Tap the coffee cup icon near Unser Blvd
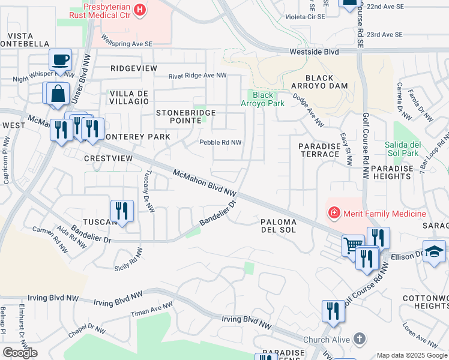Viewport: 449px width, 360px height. pos(60,59)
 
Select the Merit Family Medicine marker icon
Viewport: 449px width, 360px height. pos(333,212)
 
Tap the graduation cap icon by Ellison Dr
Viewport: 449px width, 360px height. pos(434,251)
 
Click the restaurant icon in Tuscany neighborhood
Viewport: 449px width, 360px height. pos(122,211)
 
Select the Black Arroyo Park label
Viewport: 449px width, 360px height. pos(262,99)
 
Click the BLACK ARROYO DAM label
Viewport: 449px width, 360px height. pos(327,82)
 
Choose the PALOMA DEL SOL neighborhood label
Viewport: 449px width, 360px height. pos(279,225)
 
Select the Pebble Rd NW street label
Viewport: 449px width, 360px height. pos(220,143)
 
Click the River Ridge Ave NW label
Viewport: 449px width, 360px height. pos(197,76)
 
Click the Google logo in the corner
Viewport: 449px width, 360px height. pos(20,353)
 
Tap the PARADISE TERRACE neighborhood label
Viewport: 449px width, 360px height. pos(320,150)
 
